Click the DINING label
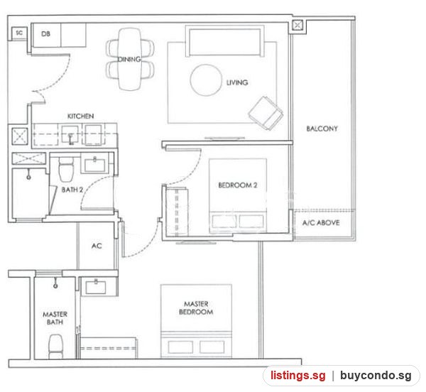(x=129, y=59)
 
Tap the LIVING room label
(x=237, y=82)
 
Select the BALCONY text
(x=322, y=129)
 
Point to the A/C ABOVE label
(x=321, y=223)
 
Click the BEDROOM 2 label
(x=238, y=185)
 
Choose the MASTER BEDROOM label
(x=196, y=307)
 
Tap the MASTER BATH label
(x=55, y=318)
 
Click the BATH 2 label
(x=72, y=190)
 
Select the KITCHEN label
(x=81, y=116)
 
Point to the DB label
(x=45, y=34)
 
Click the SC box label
(x=19, y=33)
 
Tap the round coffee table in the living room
(x=206, y=80)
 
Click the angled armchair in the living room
(x=266, y=113)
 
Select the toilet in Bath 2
(x=66, y=169)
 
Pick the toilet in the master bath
(x=55, y=347)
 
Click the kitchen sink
(x=70, y=135)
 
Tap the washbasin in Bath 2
(x=95, y=165)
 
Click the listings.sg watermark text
(x=297, y=376)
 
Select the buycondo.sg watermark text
(x=376, y=376)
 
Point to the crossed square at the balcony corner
(x=297, y=26)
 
